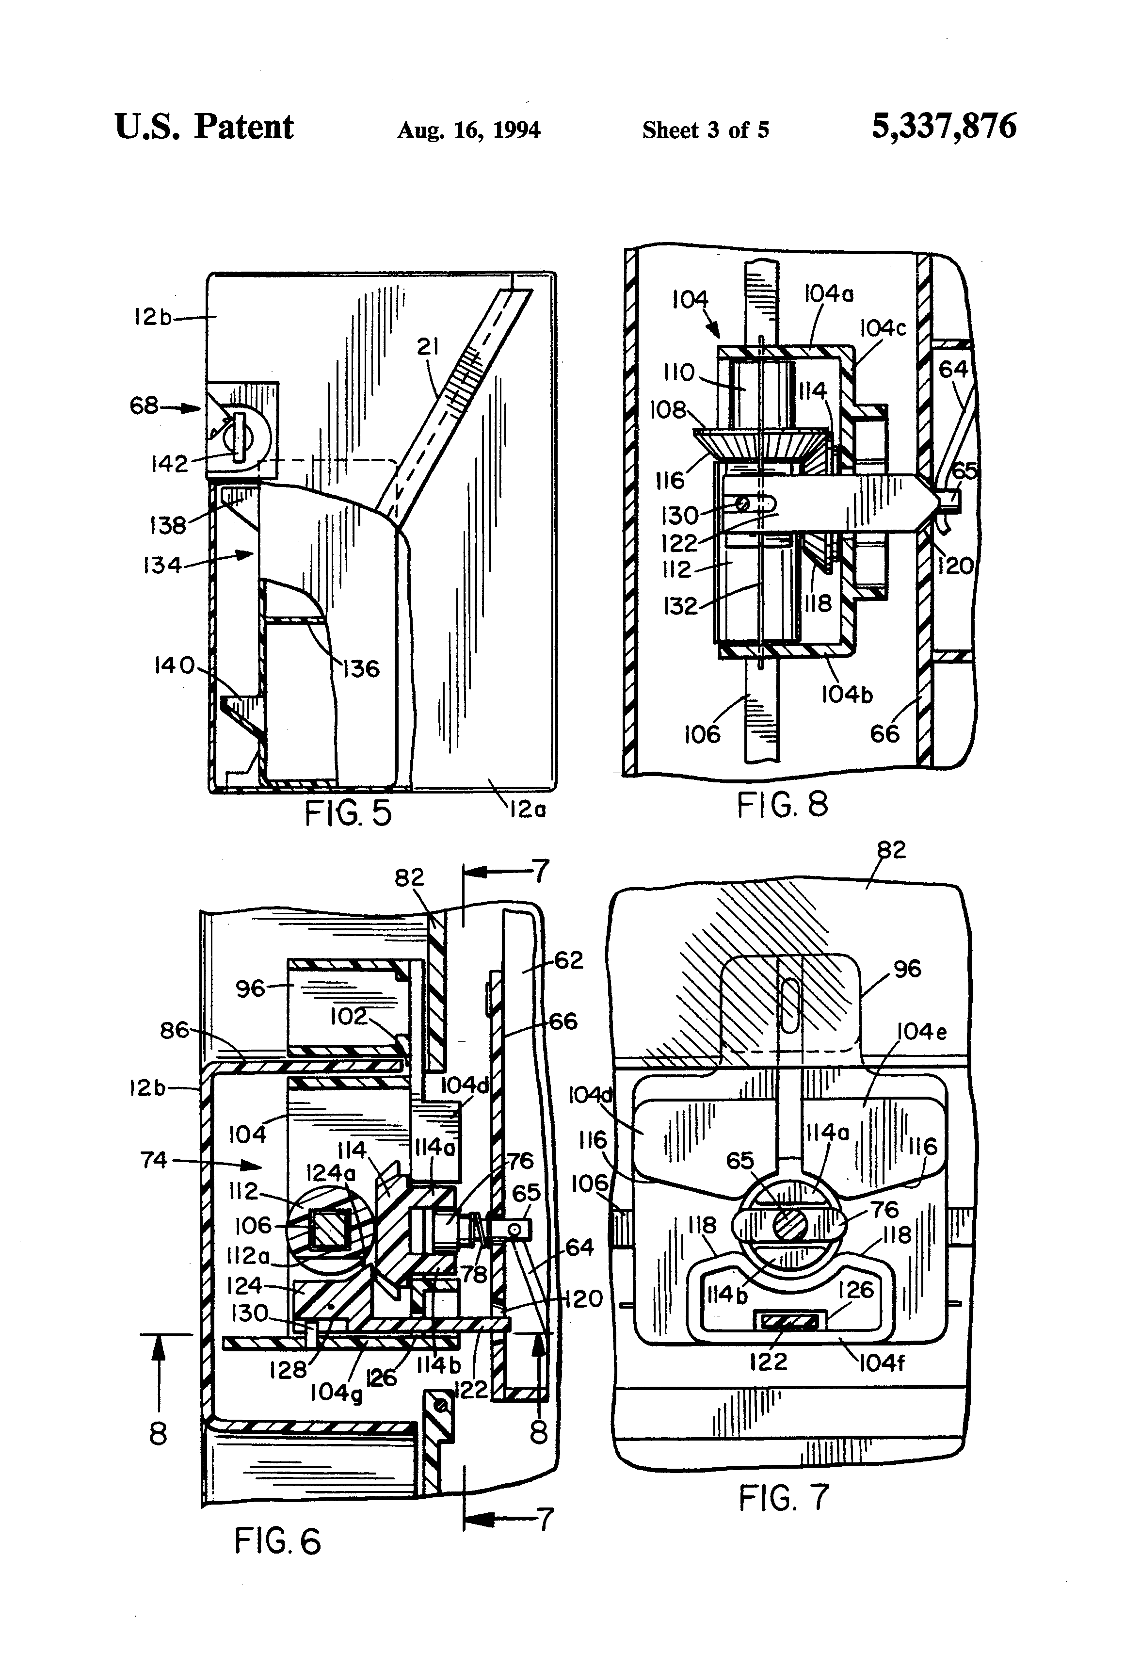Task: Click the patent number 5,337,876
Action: [x=944, y=127]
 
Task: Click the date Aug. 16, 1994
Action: [x=468, y=130]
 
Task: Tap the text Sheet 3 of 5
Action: [x=706, y=130]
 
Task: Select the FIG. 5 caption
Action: [x=349, y=813]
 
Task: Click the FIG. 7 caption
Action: [x=785, y=1497]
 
